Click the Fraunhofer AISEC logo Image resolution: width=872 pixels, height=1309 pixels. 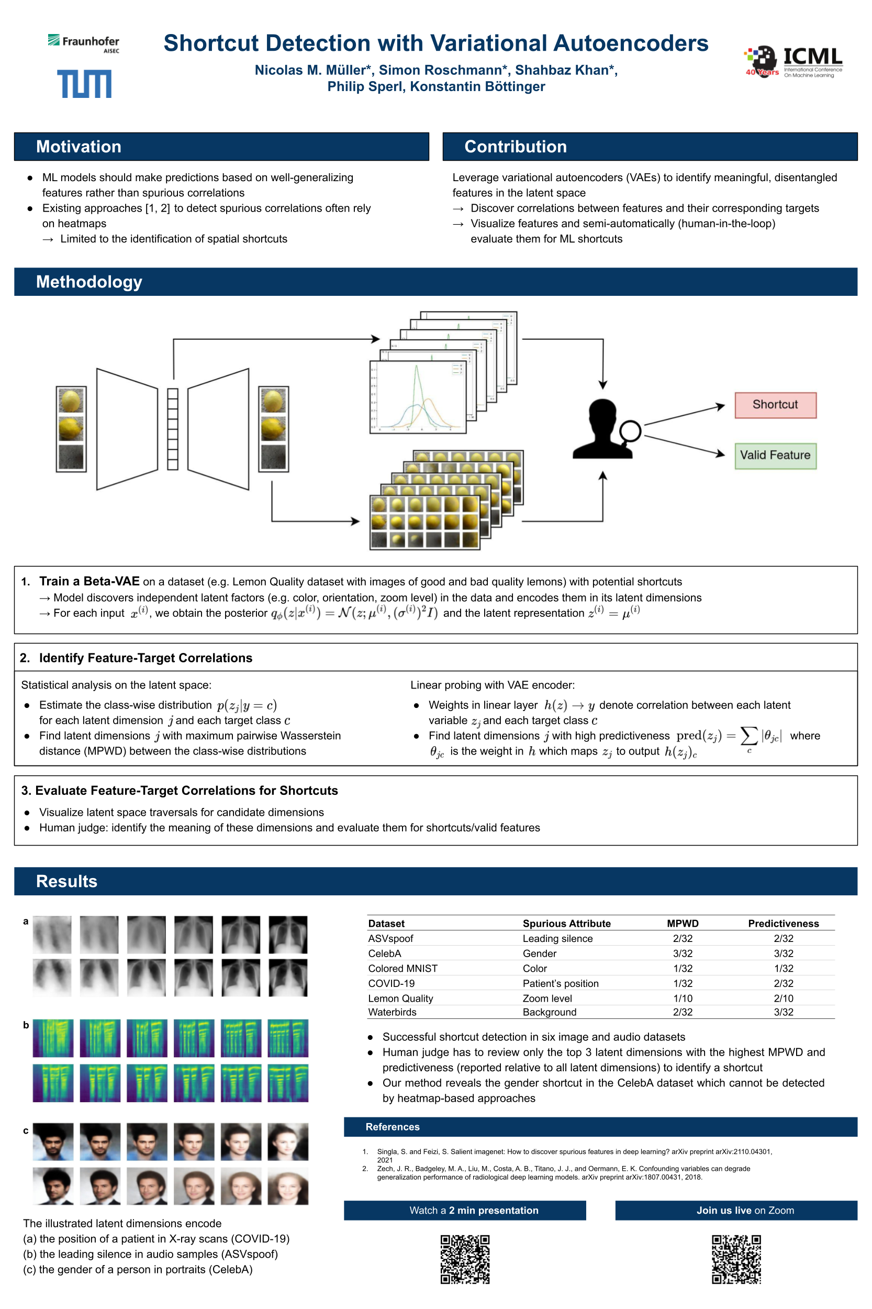coord(83,43)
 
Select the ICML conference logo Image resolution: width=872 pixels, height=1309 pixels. coord(793,61)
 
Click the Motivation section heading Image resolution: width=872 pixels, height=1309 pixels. coord(79,147)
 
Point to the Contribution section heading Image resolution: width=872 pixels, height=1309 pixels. coord(515,147)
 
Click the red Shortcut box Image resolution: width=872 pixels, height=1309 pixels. coord(775,404)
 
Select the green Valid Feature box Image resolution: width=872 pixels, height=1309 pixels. coord(775,455)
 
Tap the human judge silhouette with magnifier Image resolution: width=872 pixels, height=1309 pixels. coord(606,429)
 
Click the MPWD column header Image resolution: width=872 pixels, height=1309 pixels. coord(683,924)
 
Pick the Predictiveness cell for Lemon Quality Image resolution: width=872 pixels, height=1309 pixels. coord(783,998)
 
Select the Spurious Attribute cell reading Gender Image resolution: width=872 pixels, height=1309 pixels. coord(539,953)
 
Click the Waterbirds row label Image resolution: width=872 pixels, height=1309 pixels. coord(392,1012)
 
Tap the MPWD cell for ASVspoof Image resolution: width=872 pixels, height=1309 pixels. coord(683,938)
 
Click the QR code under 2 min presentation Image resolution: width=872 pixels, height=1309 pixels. coord(465,1259)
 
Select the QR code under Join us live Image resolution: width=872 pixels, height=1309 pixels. coord(736,1259)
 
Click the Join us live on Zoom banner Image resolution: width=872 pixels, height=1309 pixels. coord(736,1210)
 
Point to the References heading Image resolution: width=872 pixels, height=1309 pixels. coord(392,1127)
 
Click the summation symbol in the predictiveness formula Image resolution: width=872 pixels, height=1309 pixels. coord(748,736)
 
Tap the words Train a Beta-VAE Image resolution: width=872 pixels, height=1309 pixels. coord(89,581)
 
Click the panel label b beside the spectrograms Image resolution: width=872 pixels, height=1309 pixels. coord(26,1025)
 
